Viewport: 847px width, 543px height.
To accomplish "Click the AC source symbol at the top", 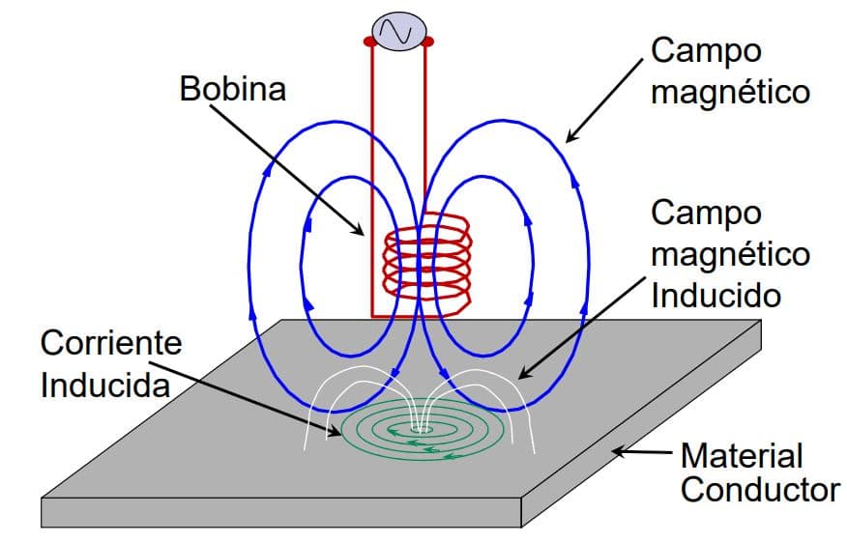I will pos(397,32).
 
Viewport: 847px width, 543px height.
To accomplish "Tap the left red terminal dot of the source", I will pos(369,43).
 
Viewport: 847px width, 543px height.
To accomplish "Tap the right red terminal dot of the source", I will pos(427,43).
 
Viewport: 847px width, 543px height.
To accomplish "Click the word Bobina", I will pos(233,90).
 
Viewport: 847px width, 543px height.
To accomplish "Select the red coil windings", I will pos(426,260).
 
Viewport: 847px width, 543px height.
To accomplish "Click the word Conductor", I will pos(760,490).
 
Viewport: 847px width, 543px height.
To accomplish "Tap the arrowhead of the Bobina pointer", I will pos(360,232).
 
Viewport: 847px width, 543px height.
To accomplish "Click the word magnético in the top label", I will pos(730,93).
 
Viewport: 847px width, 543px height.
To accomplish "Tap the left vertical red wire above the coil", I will pos(372,145).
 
